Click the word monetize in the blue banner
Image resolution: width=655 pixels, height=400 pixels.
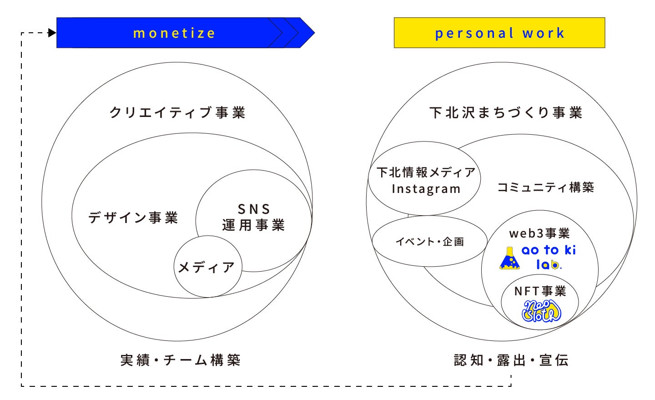(174, 33)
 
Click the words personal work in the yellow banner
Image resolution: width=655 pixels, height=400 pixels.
(499, 33)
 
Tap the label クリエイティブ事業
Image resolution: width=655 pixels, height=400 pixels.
(177, 112)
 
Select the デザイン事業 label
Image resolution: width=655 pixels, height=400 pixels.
(133, 218)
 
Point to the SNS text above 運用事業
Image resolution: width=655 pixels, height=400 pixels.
(254, 209)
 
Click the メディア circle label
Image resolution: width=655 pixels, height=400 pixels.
(207, 267)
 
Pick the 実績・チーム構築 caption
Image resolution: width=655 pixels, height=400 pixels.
(180, 360)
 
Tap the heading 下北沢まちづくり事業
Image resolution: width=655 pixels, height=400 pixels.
(506, 112)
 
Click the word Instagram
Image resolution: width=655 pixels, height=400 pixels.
(426, 189)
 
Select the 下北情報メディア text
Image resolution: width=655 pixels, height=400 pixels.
(426, 172)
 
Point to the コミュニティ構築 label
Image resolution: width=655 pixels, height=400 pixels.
(545, 187)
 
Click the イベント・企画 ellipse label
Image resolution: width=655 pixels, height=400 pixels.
(430, 242)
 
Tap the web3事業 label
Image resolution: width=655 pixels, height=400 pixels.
(539, 233)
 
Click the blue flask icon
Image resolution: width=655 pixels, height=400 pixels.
(509, 258)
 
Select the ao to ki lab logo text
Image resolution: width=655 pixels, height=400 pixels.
(549, 257)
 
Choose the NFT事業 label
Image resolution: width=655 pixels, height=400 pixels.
(540, 291)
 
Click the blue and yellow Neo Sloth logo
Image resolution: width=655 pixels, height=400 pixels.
(541, 311)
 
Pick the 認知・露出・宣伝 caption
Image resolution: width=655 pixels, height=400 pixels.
(511, 360)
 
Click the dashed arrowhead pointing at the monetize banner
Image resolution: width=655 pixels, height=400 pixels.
(52, 33)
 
